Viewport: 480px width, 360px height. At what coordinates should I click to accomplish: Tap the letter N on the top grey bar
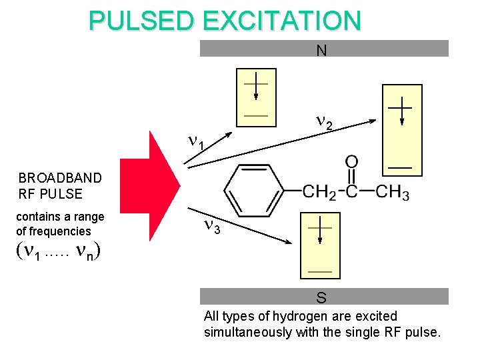[321, 50]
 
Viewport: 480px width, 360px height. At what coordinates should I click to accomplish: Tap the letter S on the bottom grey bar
[321, 297]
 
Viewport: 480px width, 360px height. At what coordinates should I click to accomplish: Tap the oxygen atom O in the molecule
[351, 163]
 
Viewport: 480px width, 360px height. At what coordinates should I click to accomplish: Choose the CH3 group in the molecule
[392, 192]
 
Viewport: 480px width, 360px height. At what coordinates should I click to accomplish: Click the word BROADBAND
[60, 178]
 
